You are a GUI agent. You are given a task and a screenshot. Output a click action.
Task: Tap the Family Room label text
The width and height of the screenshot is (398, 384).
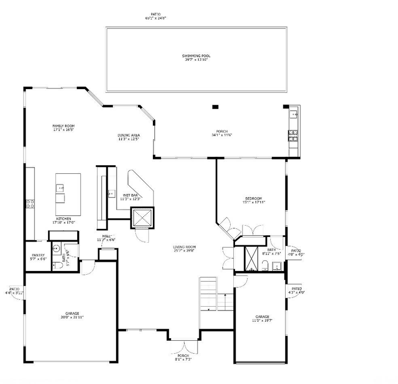point(63,127)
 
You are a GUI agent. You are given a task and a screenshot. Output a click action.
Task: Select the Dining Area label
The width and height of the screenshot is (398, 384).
point(128,137)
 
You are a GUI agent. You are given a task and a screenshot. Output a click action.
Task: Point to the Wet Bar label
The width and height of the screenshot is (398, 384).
point(131,196)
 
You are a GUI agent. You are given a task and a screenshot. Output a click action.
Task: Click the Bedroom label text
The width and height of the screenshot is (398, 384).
point(254,200)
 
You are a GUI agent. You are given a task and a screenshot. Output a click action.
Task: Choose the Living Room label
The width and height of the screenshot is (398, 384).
point(184,249)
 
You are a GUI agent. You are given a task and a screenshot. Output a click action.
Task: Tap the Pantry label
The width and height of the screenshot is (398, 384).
point(39,257)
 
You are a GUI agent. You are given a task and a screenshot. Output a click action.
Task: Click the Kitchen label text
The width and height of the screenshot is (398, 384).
point(64,220)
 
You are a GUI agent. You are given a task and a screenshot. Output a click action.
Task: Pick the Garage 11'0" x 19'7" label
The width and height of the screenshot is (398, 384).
point(262,318)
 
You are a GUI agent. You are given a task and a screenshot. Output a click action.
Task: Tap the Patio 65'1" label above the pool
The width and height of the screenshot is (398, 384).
point(156,16)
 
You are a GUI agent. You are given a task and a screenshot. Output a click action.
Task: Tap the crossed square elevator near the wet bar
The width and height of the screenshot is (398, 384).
point(142,217)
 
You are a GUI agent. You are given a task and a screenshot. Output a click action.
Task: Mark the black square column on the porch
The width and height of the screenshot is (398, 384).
point(215,107)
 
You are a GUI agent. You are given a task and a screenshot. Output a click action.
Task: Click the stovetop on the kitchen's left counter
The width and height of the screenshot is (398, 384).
point(30,203)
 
